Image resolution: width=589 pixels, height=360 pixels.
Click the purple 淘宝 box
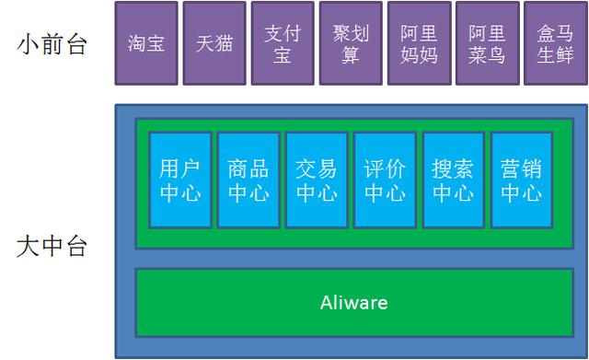pos(146,43)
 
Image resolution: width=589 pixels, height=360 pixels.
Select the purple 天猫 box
pos(214,43)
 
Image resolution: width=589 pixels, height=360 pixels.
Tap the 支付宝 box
pos(283,43)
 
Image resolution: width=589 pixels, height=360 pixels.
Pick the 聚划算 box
pos(351,43)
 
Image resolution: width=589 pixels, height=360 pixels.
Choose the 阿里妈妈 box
pos(419,43)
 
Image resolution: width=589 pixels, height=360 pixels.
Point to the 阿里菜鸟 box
pos(487,43)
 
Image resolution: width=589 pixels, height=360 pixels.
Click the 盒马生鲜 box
pos(555,43)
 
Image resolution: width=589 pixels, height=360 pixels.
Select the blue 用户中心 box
pos(180,180)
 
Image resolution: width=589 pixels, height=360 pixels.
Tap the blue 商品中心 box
pos(248,180)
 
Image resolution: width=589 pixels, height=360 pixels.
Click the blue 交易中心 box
pos(317,180)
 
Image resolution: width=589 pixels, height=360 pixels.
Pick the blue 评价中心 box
pos(385,180)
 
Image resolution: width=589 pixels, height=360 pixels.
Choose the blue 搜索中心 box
pos(453,180)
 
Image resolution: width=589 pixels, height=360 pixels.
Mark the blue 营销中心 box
pos(521,180)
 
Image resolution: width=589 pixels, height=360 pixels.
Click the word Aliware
pos(353,302)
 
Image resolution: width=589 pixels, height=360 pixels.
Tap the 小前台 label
pos(52,43)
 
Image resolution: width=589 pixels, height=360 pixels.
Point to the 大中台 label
pos(52,246)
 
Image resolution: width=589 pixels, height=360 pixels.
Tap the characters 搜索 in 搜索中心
pos(453,169)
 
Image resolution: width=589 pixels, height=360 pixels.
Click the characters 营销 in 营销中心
pos(521,169)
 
